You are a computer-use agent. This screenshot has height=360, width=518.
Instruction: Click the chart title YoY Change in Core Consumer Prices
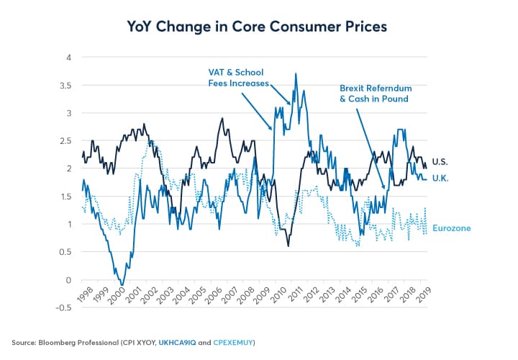coord(258,27)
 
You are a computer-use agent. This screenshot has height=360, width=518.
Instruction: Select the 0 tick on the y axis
coord(68,280)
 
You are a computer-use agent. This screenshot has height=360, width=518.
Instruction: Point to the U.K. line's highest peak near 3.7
coord(295,73)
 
